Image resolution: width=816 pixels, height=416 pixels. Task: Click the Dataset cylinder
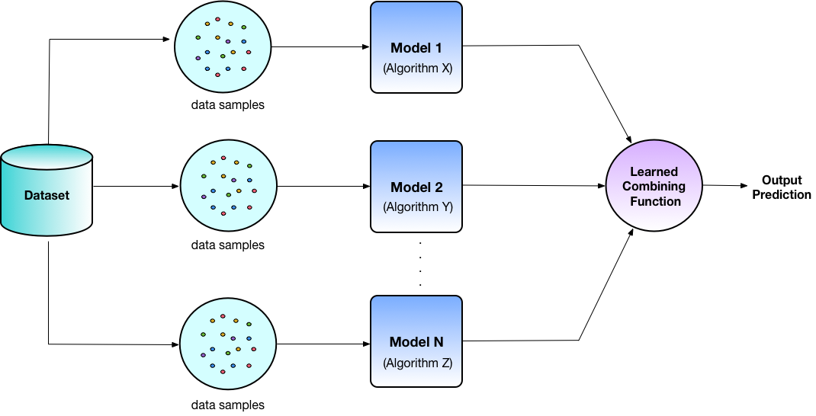47,194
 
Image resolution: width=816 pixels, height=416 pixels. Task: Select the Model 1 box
416,47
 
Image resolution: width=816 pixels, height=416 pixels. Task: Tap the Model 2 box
416,186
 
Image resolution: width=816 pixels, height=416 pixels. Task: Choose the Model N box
416,341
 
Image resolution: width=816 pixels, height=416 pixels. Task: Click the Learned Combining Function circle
654,187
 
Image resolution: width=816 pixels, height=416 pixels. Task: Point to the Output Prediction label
782,187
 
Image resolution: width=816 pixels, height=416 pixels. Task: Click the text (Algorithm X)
416,68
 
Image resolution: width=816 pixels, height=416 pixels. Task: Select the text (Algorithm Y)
416,206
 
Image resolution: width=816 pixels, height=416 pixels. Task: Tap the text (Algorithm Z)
416,363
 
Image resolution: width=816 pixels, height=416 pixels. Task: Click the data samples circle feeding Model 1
222,46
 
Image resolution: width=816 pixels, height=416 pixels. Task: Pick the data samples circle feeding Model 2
227,186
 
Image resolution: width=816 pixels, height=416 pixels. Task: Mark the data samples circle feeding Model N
227,344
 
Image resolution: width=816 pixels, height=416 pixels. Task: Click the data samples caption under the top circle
227,105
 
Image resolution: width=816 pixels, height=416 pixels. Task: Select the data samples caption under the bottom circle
227,405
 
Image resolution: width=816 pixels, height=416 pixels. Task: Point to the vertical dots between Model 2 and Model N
420,262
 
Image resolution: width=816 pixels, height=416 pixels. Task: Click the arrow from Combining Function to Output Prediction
724,185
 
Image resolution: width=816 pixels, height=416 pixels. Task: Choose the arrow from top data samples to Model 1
320,47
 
